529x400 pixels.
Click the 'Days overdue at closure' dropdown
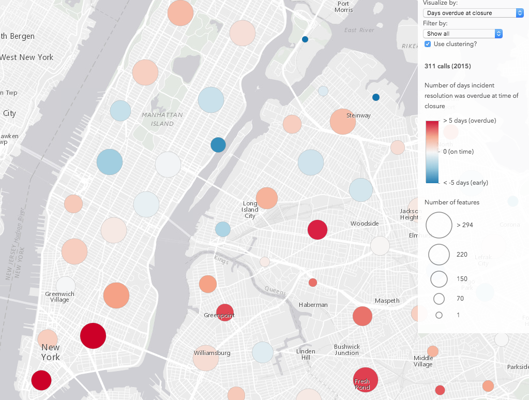coord(473,13)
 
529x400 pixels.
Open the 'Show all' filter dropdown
coord(463,34)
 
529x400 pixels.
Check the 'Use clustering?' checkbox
coord(428,44)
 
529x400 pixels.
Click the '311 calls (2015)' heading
coord(448,66)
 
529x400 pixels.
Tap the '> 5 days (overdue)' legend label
coord(470,121)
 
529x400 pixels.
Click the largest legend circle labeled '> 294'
coord(439,225)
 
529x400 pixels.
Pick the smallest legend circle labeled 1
coord(439,315)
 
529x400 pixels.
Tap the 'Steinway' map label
coord(358,115)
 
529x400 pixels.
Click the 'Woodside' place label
coord(365,224)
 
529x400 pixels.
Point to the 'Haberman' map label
coord(313,305)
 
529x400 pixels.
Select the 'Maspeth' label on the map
coord(387,301)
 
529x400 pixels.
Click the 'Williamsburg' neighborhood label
coord(211,353)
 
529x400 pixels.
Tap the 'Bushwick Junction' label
coord(346,350)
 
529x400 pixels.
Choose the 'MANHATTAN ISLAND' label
coord(162,119)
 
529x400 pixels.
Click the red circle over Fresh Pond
coord(365,380)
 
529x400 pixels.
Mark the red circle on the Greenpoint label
coord(224,313)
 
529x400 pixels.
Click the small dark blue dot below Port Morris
coord(305,39)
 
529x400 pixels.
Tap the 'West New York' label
coord(26,57)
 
